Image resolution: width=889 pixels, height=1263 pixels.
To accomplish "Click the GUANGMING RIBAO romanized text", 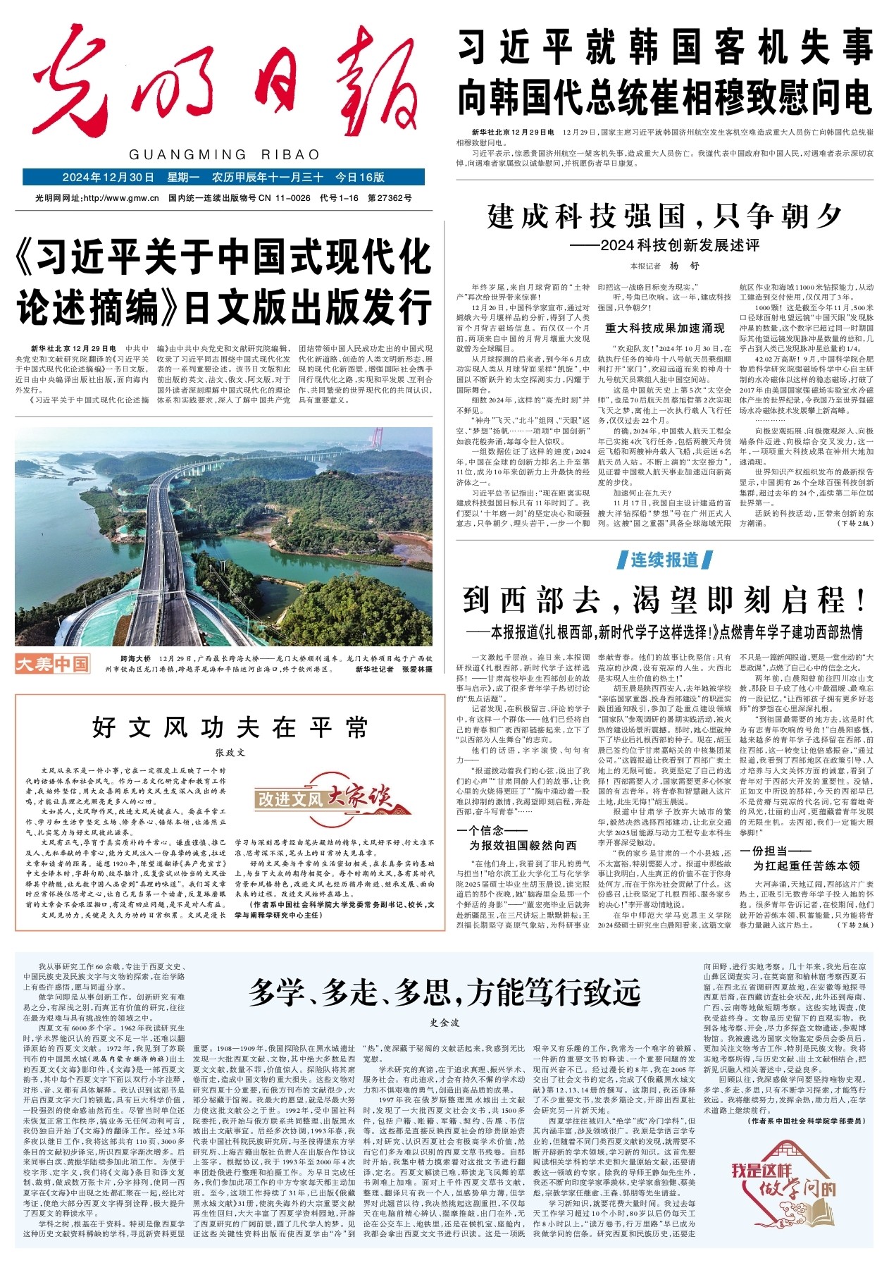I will (x=225, y=154).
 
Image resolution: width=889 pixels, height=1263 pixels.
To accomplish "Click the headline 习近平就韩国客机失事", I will (x=665, y=49).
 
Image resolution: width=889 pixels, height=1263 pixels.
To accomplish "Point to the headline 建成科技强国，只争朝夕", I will (x=665, y=217).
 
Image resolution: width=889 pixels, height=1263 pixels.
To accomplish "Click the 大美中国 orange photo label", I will (x=53, y=663).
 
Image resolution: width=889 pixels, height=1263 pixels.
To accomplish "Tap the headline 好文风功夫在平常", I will (x=230, y=727).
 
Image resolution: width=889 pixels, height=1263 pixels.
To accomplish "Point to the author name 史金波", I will (x=444, y=1022).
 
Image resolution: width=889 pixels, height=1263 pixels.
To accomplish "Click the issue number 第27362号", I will (x=390, y=198).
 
